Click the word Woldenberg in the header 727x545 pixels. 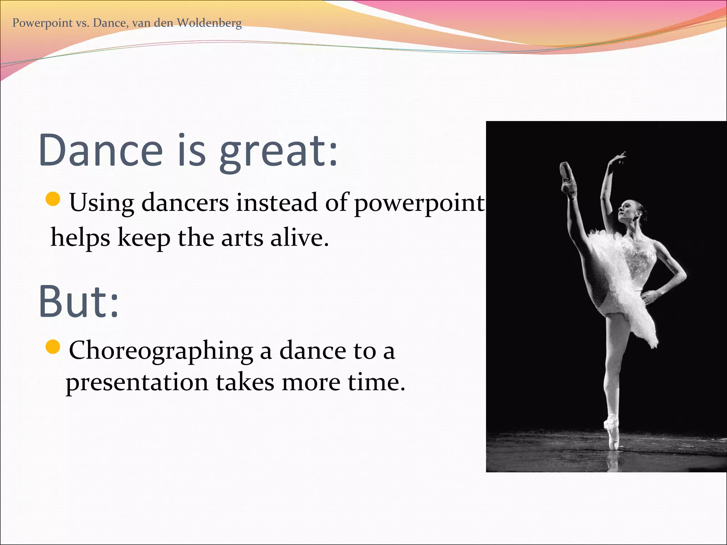[209, 23]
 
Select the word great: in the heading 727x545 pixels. [278, 152]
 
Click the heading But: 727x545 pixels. [78, 302]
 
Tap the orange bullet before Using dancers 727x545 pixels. [53, 199]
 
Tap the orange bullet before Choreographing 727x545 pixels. [53, 347]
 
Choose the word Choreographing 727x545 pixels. [160, 351]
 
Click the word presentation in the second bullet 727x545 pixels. [137, 382]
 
